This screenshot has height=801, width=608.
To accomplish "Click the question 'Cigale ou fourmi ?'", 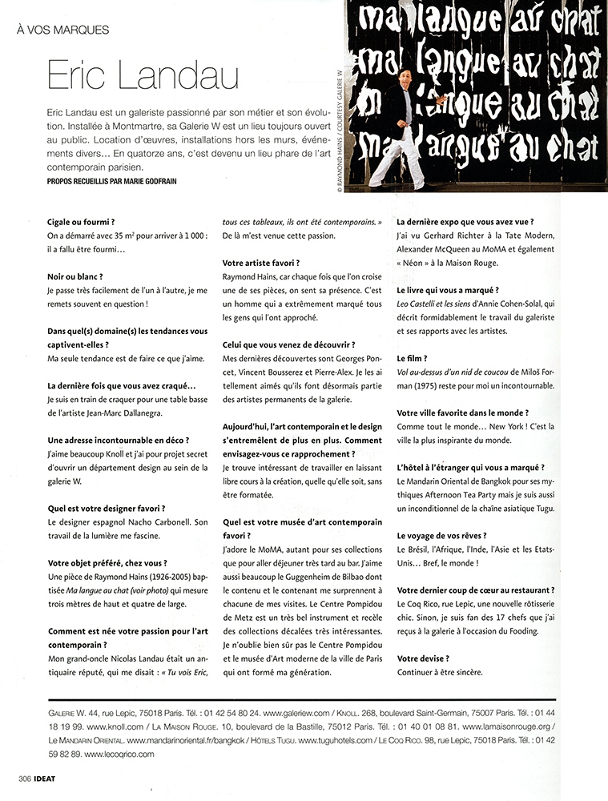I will [x=81, y=220].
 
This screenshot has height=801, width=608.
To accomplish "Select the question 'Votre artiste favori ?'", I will [x=260, y=262].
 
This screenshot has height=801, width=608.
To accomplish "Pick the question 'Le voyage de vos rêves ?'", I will [x=453, y=534].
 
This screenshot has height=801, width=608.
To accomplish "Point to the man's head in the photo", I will [x=404, y=78].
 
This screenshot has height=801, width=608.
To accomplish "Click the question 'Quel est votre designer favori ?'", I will [x=107, y=508].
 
